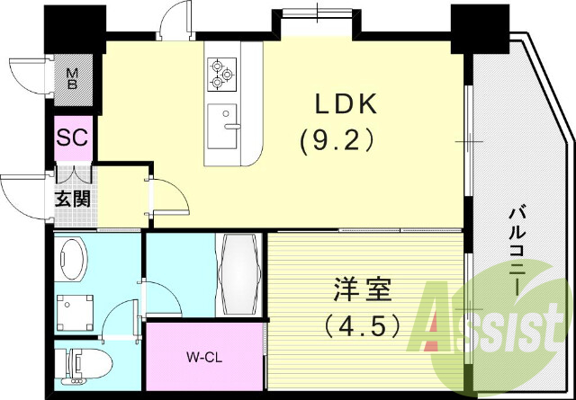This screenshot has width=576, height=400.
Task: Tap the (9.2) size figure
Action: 336,141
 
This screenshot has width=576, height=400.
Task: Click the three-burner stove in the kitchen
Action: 221,75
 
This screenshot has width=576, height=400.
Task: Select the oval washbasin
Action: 71,262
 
